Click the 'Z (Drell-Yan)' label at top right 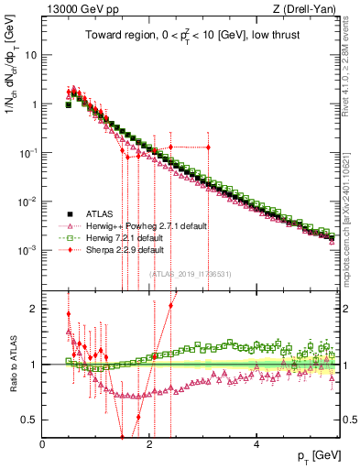[311, 9]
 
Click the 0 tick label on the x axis [42, 442]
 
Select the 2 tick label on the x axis [149, 442]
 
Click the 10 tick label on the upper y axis [29, 54]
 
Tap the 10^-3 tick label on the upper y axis [27, 250]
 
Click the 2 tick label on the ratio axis [33, 308]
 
